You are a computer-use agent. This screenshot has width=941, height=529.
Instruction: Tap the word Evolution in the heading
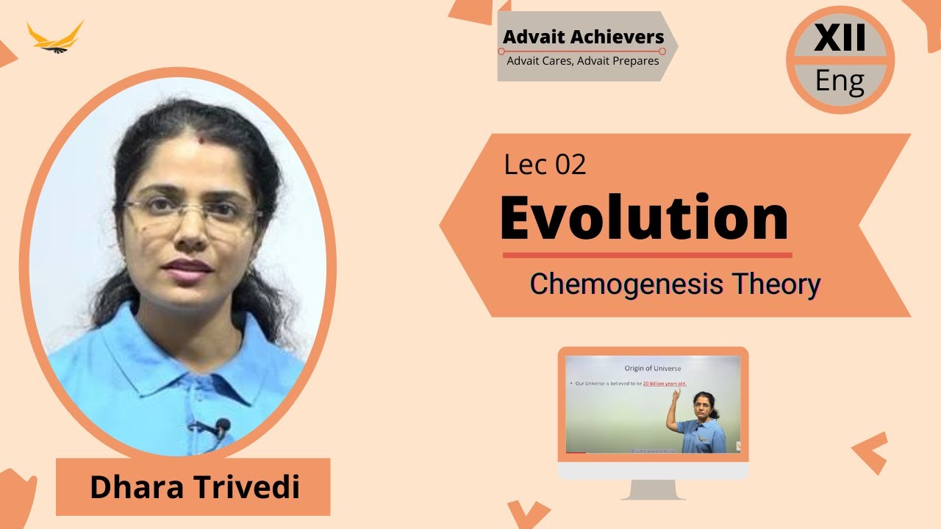[x=644, y=218]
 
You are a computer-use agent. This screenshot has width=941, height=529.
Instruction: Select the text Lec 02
[x=545, y=165]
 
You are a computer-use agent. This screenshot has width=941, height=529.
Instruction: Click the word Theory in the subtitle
[x=781, y=284]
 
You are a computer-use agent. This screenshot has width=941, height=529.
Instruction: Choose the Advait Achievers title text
[x=583, y=37]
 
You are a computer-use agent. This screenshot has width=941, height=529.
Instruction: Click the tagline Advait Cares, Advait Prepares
[x=583, y=61]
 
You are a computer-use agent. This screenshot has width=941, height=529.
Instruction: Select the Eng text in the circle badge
[x=840, y=81]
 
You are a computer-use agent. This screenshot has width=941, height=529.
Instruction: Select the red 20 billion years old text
[x=669, y=384]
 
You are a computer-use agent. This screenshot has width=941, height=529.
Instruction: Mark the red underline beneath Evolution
[x=647, y=255]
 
